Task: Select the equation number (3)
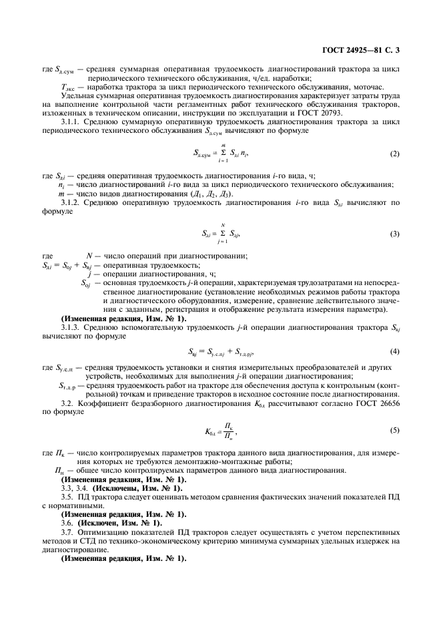(394, 233)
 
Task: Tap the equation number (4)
(394, 351)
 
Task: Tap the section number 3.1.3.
(71, 327)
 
